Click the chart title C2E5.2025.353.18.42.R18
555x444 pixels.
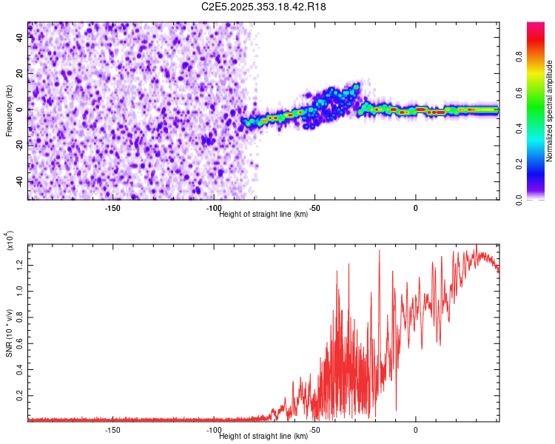tap(263, 7)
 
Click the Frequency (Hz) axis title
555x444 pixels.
tap(9, 111)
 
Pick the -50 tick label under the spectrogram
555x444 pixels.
tap(314, 207)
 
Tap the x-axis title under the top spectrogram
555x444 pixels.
tap(263, 214)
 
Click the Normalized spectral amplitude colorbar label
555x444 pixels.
tap(550, 111)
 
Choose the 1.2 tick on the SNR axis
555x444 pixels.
tap(22, 263)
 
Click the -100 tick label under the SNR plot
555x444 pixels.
tap(213, 429)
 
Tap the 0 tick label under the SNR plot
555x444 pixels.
tap(416, 429)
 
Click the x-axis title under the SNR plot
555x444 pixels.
tap(263, 436)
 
